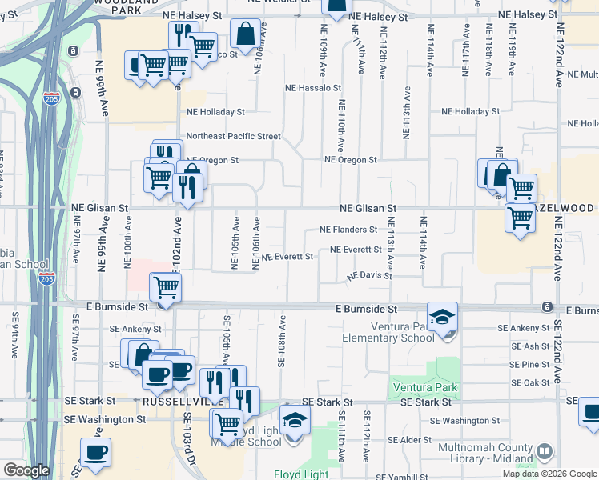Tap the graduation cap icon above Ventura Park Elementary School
coord(442,316)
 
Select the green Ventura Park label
coord(424,388)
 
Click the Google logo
coord(26,470)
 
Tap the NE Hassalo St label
coord(314,87)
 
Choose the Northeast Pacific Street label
coord(233,136)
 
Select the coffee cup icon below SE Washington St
coord(96,452)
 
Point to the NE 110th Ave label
coord(342,127)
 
